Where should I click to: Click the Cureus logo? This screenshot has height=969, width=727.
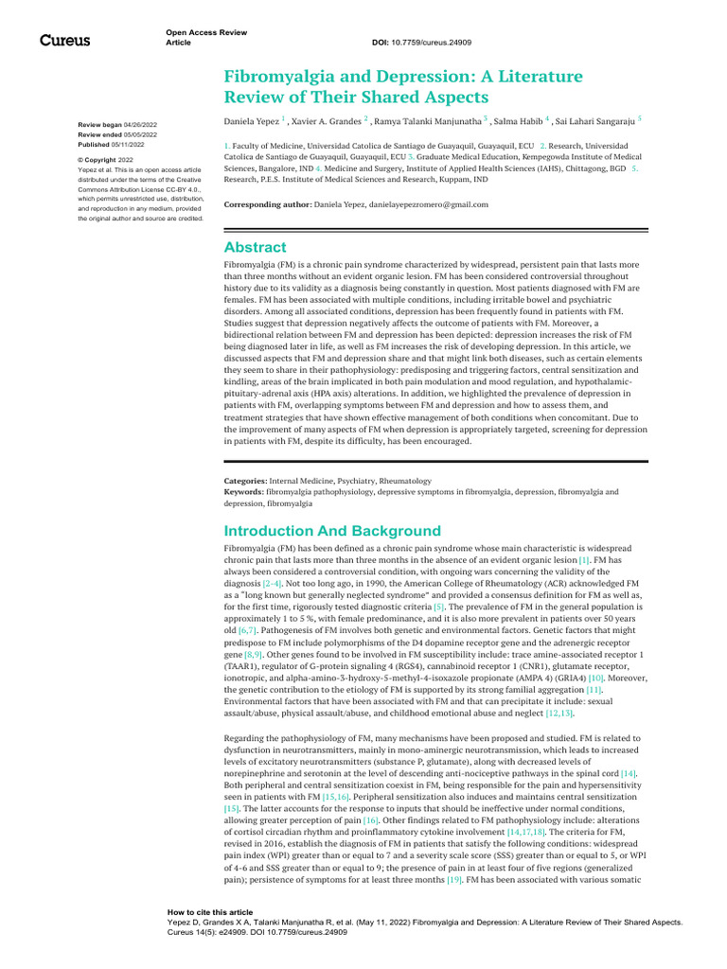(x=63, y=41)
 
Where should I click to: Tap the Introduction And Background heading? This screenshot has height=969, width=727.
(x=331, y=531)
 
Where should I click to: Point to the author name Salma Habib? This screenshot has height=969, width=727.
(x=517, y=122)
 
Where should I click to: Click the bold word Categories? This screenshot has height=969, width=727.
(x=245, y=481)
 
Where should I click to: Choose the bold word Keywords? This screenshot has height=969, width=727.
(x=244, y=492)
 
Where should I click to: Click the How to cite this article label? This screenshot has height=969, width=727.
(x=210, y=912)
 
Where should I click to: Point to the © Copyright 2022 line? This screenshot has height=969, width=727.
(x=106, y=160)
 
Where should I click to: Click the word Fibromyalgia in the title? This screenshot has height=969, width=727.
(x=278, y=77)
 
